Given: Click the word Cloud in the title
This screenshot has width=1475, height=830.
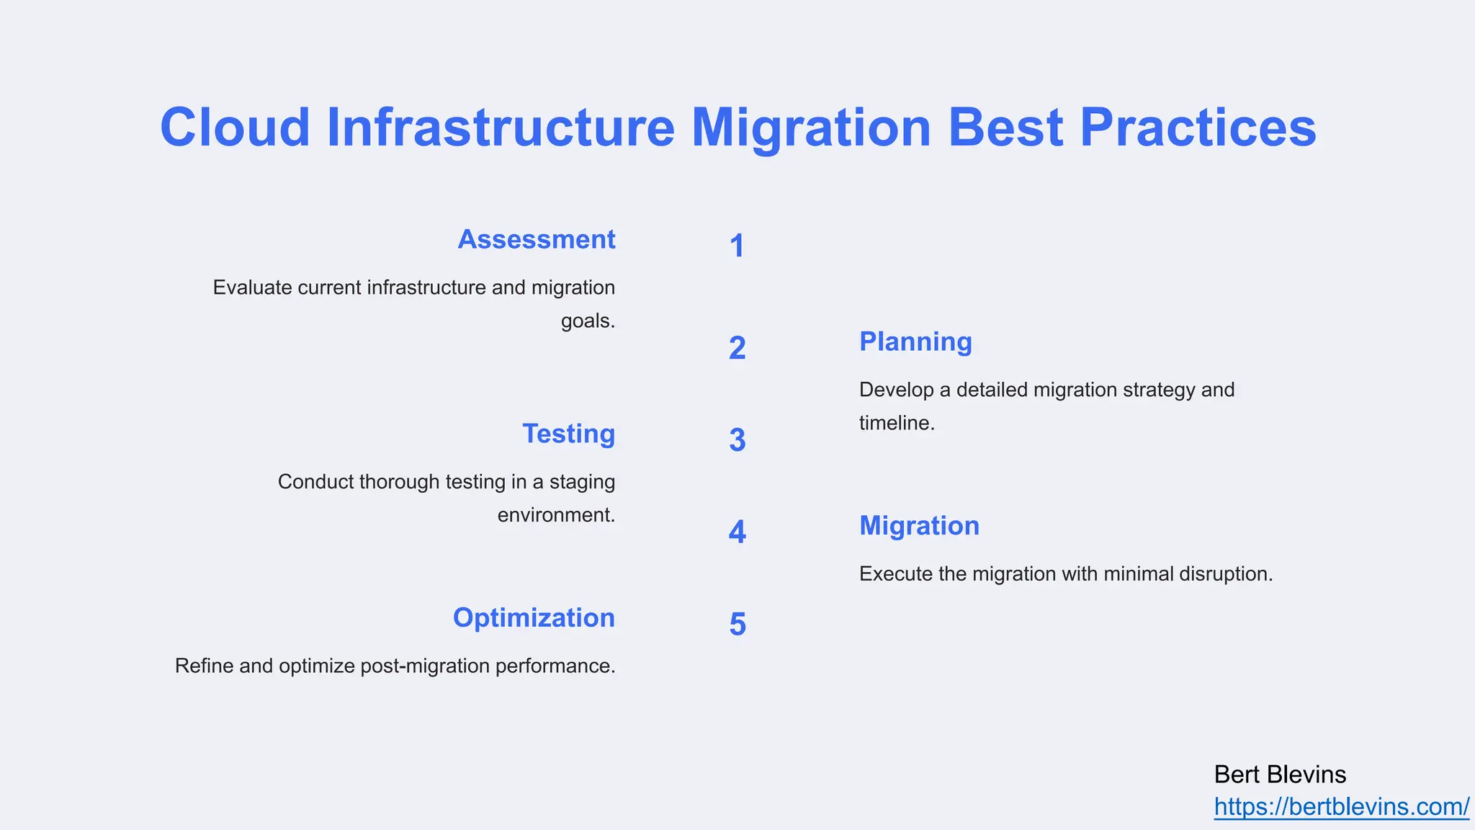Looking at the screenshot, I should click(235, 128).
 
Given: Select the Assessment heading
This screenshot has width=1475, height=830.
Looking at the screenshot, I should click(537, 239).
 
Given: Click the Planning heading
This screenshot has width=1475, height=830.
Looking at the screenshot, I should click(915, 342).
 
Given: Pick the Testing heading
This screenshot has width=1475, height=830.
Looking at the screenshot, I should click(568, 434).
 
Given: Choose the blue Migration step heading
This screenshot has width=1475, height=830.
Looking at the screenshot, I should click(919, 526).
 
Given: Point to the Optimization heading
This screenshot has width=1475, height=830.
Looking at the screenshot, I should click(534, 618).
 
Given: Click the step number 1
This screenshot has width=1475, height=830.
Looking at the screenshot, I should click(737, 246).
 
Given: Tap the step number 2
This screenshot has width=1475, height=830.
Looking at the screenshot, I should click(737, 349).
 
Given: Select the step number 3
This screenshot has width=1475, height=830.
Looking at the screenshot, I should click(737, 441).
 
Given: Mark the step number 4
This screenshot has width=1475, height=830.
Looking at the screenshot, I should click(737, 532).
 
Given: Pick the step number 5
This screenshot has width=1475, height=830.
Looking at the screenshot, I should click(737, 625).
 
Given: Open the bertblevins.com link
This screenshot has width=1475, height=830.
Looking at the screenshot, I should click(1341, 807).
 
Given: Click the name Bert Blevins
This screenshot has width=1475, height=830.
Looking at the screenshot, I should click(1280, 775).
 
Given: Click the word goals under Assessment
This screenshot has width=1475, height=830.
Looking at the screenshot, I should click(587, 321).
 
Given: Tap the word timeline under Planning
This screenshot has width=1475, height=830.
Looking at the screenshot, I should click(896, 424).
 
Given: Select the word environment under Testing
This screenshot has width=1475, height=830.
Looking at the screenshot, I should click(555, 515).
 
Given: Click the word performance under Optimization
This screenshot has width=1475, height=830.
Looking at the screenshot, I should click(555, 666).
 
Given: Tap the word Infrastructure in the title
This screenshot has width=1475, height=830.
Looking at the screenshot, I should click(501, 128).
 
